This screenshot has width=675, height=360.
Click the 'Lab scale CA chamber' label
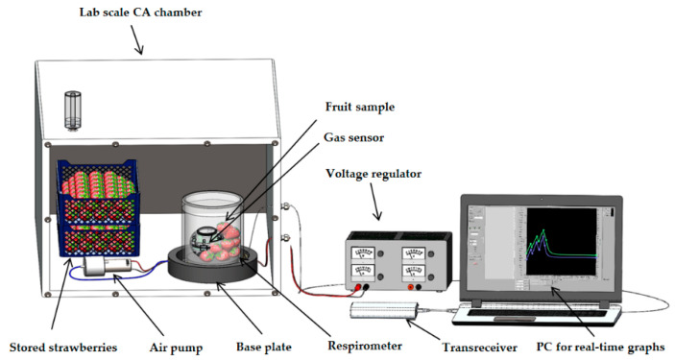point(140,12)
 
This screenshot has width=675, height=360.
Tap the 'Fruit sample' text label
point(360,107)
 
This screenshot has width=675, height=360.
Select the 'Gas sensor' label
point(354,137)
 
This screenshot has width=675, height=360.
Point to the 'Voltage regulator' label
point(374,174)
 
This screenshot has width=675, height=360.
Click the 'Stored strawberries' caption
point(63,348)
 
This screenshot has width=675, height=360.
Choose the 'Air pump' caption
point(176,348)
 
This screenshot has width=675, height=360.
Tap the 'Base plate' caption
point(264,348)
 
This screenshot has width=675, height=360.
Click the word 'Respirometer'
point(365,346)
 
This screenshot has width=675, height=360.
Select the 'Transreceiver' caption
point(480,348)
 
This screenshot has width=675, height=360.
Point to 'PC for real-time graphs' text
point(600,347)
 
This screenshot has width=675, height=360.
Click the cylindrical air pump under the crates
point(108,267)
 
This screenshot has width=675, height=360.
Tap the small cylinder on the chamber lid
point(73,110)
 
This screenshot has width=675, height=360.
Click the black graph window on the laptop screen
point(562,242)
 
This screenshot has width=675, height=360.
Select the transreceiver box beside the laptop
point(384,310)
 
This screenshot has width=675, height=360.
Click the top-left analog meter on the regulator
point(363,253)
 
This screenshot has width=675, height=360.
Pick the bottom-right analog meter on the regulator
point(413,272)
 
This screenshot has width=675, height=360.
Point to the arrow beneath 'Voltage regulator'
point(375,202)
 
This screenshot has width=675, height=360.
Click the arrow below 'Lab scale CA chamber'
point(136,39)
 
